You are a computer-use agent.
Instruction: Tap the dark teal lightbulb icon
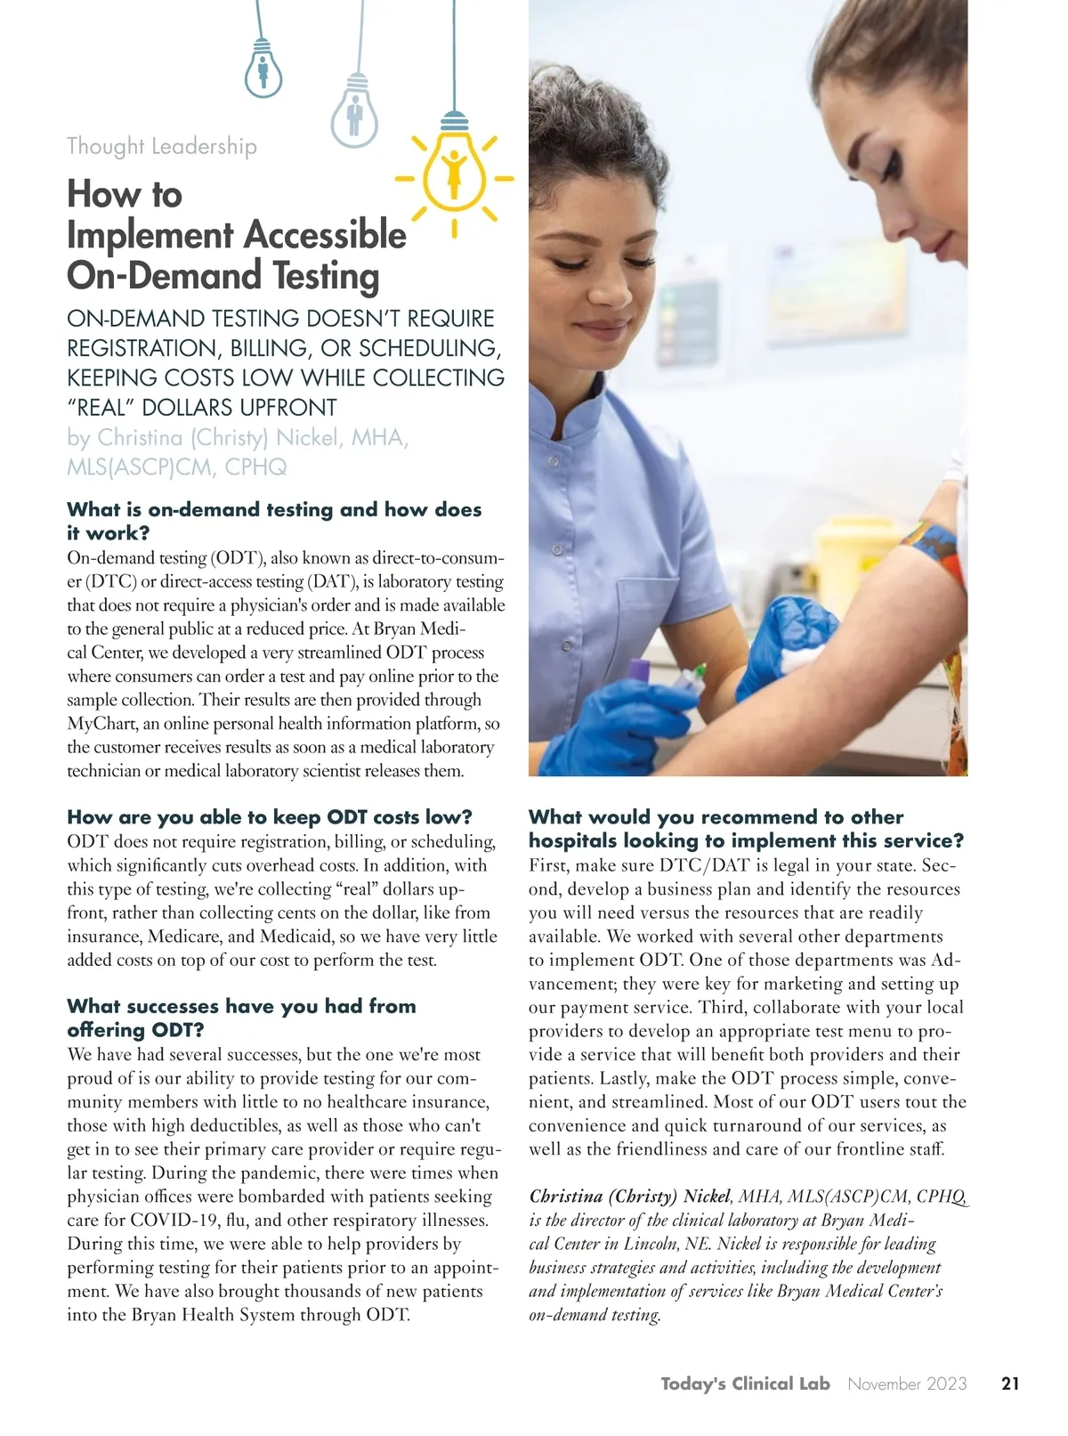click(263, 68)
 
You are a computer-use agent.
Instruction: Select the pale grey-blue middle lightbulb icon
click(354, 111)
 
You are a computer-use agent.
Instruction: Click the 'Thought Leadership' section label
click(162, 146)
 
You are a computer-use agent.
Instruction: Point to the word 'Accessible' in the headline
click(325, 235)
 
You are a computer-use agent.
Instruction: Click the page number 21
click(1010, 1383)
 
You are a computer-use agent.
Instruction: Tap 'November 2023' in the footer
click(907, 1383)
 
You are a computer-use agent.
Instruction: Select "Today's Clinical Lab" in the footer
click(745, 1383)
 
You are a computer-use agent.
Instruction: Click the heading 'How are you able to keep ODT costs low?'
click(270, 817)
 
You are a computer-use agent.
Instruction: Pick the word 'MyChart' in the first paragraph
click(100, 724)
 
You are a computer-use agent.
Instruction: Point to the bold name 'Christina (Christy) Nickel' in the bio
click(629, 1197)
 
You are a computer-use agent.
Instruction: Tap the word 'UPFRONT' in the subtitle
click(283, 408)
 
